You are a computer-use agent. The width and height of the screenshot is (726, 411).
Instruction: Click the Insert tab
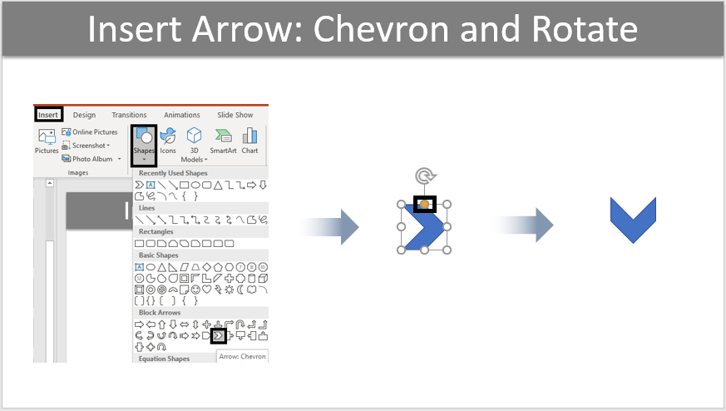(48, 115)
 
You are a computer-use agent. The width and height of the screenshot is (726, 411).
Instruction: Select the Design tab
(84, 115)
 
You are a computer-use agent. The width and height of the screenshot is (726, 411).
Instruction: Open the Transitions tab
(129, 115)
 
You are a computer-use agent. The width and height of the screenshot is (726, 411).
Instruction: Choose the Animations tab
(182, 115)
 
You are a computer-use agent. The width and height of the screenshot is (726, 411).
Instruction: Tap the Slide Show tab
(235, 115)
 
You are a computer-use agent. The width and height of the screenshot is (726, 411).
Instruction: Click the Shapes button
(144, 145)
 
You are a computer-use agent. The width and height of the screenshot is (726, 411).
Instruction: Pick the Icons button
(168, 141)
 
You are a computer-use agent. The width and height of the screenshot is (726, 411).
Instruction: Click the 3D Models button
(194, 145)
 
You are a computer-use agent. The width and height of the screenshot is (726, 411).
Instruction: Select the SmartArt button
(223, 141)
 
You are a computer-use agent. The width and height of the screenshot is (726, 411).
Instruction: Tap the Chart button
(249, 141)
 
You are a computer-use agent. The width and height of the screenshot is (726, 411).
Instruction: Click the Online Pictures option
(90, 132)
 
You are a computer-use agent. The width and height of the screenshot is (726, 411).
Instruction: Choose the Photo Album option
(91, 159)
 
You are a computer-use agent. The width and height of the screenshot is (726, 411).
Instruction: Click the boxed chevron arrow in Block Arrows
(219, 335)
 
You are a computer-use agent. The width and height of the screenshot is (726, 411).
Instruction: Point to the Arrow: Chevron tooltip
(242, 356)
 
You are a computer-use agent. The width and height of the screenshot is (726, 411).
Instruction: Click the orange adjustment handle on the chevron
(425, 205)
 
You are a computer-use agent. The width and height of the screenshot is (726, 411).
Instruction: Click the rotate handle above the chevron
(425, 176)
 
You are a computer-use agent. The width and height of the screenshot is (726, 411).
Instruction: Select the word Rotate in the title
(585, 29)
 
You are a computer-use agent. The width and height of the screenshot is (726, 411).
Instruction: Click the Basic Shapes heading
(158, 255)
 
